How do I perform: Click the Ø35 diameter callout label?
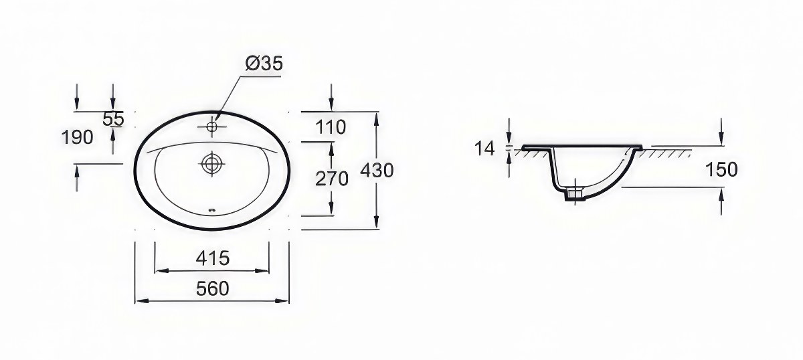(264, 64)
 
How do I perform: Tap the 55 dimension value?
(113, 118)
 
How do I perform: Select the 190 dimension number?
(77, 137)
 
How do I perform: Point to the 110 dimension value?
(331, 127)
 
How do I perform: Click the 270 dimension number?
(332, 179)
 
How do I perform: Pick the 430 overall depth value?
(377, 171)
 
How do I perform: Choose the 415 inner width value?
(213, 258)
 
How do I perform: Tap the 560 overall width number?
(213, 288)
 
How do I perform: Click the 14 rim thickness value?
(484, 148)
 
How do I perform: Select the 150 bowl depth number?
(721, 169)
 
